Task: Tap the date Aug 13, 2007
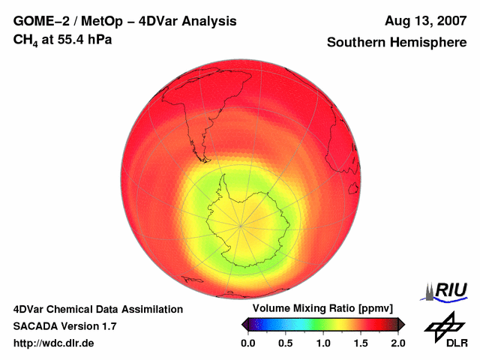[426, 21]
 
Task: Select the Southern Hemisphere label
[395, 43]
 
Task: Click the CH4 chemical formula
[24, 38]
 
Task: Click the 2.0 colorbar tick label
[397, 343]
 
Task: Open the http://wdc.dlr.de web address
[53, 343]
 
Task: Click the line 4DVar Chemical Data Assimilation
[97, 309]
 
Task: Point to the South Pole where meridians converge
[241, 224]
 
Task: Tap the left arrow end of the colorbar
[244, 324]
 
